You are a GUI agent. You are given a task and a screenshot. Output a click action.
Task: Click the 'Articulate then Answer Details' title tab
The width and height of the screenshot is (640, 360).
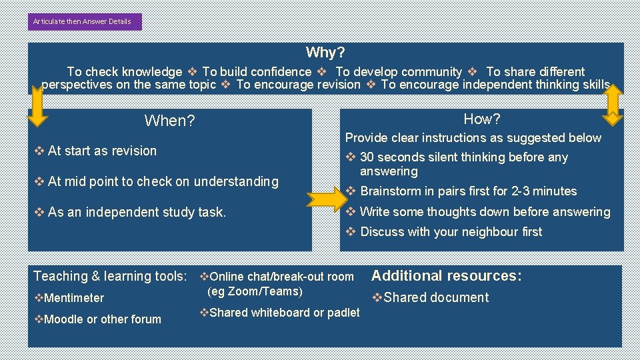click(85, 21)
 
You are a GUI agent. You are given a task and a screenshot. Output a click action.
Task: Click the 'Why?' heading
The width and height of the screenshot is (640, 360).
click(325, 52)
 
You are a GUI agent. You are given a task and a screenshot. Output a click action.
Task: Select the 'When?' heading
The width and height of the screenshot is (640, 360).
click(169, 121)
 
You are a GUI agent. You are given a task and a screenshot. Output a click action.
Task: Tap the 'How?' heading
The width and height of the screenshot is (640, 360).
click(481, 119)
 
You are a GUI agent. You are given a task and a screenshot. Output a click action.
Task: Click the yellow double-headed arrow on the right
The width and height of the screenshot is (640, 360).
click(612, 104)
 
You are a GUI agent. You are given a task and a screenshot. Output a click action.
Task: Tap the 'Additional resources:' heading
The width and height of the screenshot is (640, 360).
click(446, 276)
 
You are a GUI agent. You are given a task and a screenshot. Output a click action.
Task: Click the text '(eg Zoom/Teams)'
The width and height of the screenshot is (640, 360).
click(255, 291)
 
